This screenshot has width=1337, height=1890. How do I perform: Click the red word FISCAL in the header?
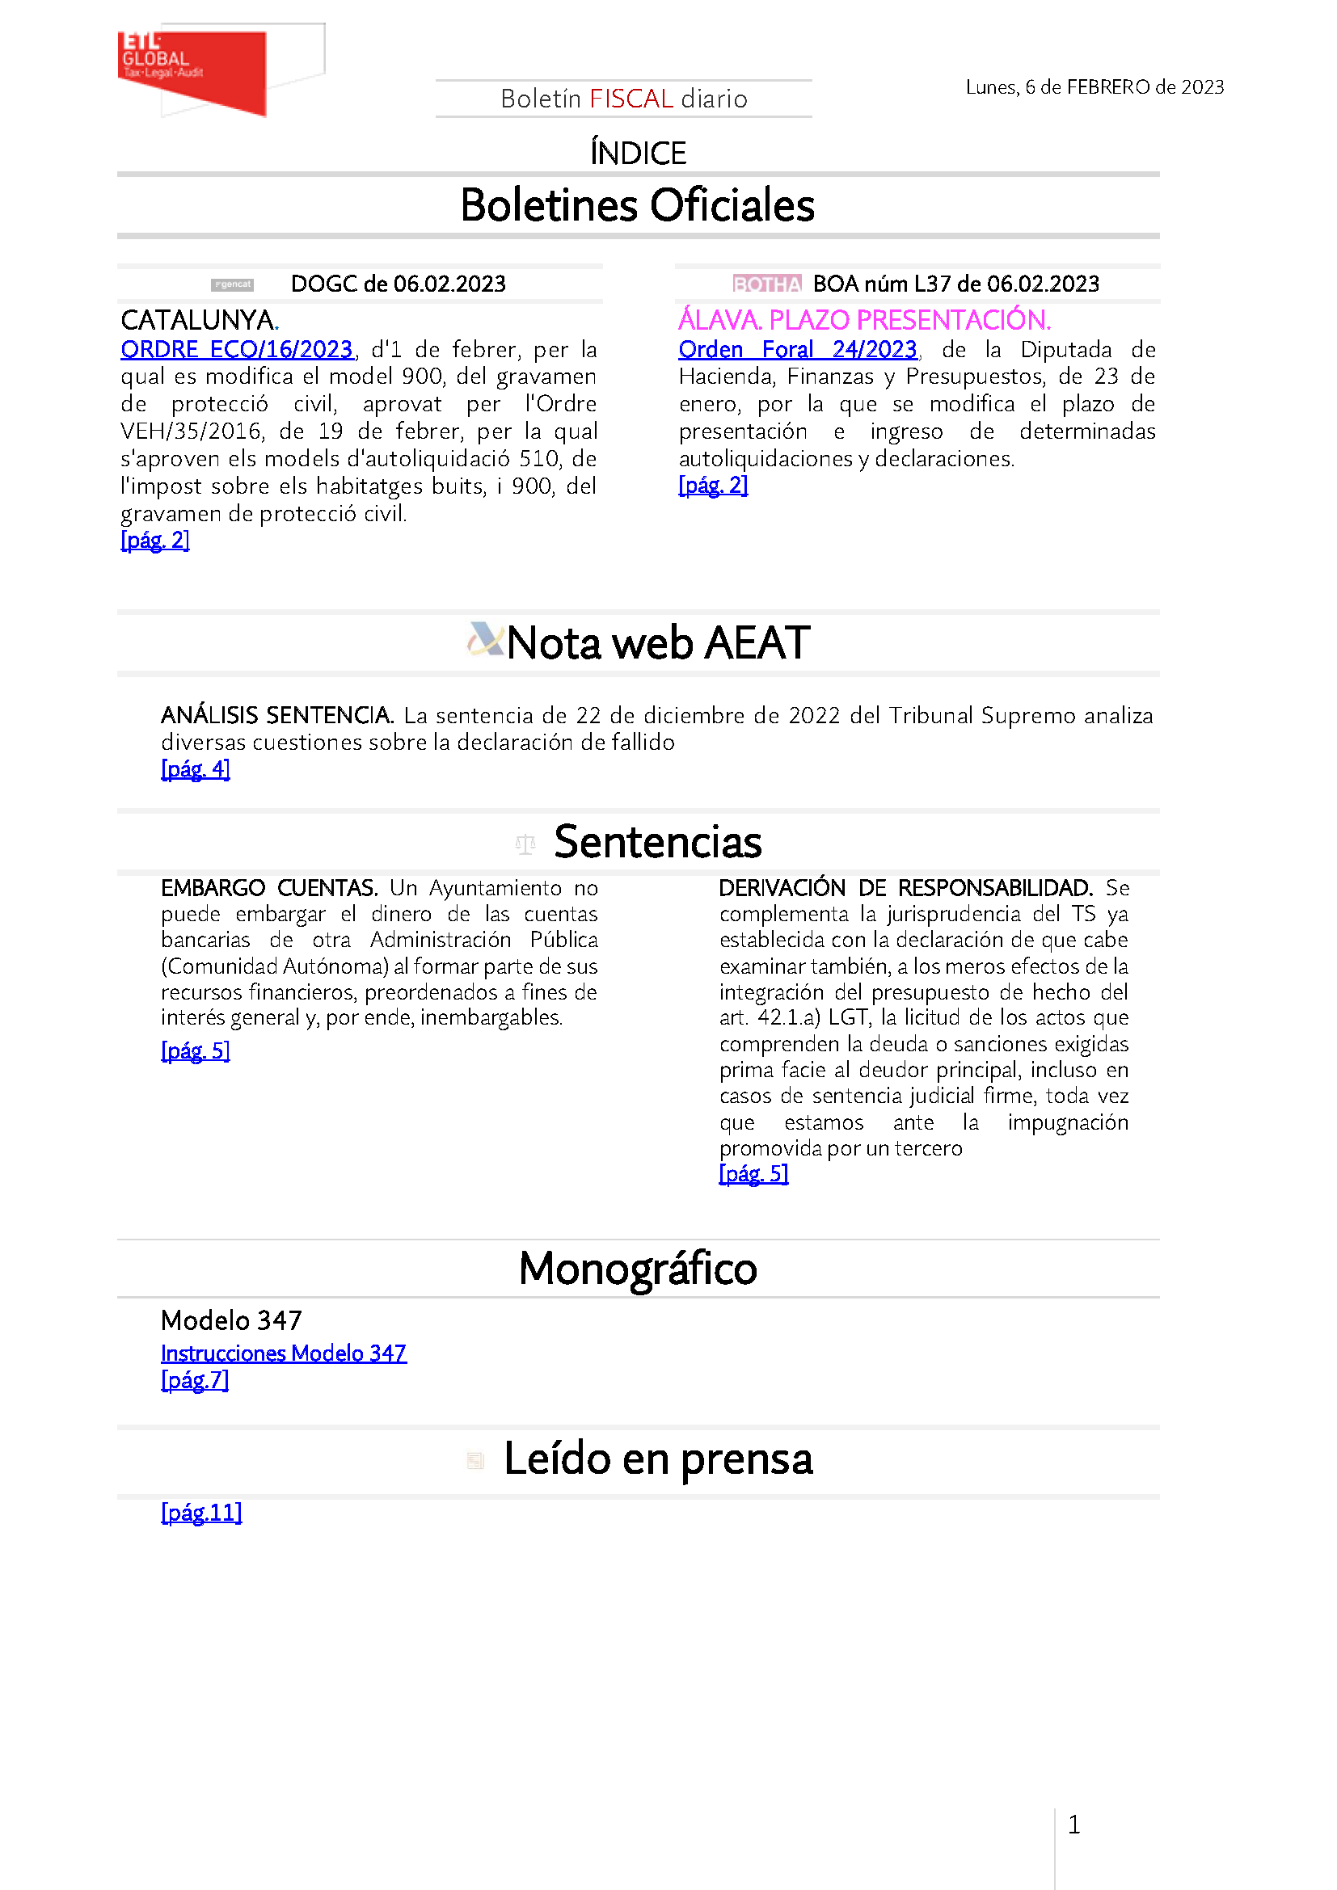[x=631, y=99]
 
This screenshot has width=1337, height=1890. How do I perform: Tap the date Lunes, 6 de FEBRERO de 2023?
[x=1094, y=87]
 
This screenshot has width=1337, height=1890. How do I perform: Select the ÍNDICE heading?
[x=638, y=153]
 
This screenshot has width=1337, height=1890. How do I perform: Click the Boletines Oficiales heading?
[x=637, y=205]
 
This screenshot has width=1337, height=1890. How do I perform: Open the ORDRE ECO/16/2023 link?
[x=236, y=350]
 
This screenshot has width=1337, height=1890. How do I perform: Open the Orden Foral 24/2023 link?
[x=797, y=350]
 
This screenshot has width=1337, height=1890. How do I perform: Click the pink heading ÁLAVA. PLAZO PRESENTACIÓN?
[x=863, y=319]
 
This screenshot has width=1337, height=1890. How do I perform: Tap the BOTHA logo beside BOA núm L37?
[x=766, y=284]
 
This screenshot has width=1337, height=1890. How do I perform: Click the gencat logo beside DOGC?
[x=232, y=284]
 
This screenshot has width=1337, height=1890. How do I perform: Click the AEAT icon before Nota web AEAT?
[x=485, y=640]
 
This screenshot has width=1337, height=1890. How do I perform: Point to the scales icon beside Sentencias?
[x=525, y=844]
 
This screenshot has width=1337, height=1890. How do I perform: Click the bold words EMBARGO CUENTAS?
[x=269, y=888]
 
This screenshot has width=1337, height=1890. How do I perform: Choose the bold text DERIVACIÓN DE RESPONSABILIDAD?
[x=905, y=888]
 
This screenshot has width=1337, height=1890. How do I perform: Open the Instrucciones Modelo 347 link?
[x=283, y=1353]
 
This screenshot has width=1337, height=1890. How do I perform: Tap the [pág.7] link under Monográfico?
[x=195, y=1380]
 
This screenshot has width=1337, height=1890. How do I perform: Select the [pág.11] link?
[x=202, y=1513]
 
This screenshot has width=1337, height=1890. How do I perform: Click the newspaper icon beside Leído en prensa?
[x=476, y=1461]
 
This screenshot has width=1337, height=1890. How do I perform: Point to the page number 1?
[x=1073, y=1825]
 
